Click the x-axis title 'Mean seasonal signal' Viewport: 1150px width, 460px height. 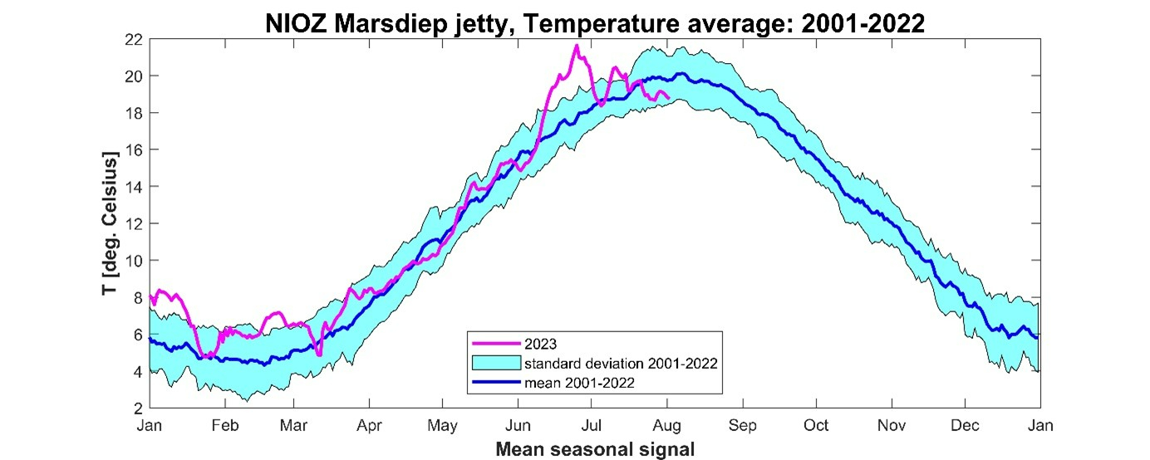pos(594,449)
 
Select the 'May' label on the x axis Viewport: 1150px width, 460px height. pos(442,425)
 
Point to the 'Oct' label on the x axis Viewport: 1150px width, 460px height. pos(816,425)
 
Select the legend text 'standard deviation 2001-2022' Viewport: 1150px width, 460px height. pos(620,363)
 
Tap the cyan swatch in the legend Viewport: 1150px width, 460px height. pos(495,363)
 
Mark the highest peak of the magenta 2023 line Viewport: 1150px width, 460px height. pos(576,46)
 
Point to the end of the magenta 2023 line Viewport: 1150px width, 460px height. pos(669,98)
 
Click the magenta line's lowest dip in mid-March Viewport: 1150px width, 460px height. pos(319,355)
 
